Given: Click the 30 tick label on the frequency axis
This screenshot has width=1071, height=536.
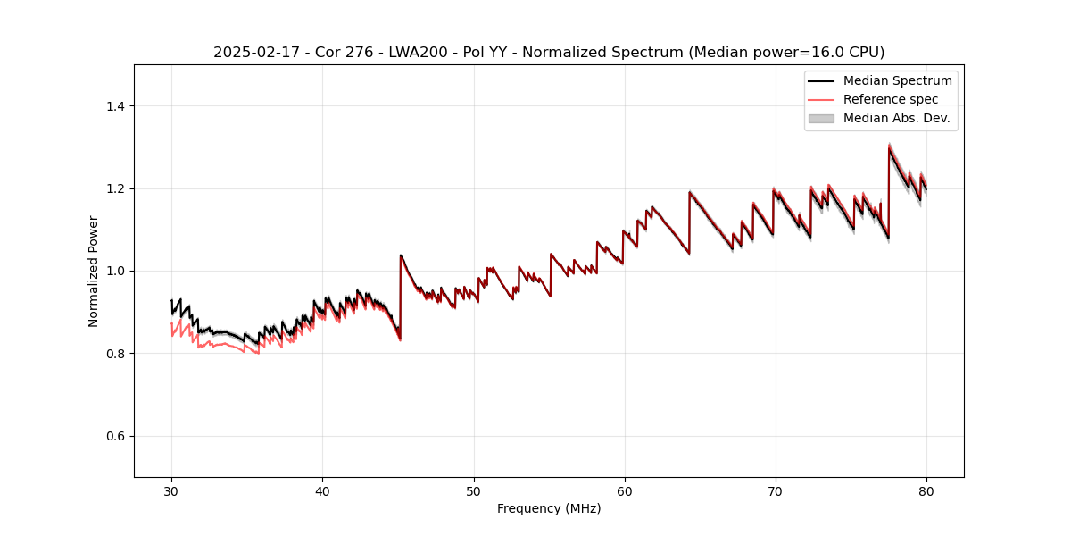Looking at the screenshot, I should tap(171, 490).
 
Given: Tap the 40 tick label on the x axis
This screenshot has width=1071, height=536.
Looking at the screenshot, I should tap(322, 490).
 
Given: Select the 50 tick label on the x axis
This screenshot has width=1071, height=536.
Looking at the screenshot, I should tap(473, 490).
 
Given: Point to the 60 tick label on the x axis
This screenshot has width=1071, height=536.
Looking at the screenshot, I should tap(625, 490).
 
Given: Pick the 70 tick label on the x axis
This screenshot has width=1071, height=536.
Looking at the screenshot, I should tap(776, 490).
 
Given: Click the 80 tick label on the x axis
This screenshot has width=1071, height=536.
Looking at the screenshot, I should tap(926, 490).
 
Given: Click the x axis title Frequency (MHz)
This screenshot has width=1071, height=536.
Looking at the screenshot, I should tap(549, 508).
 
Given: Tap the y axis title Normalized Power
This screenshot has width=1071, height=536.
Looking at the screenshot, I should tap(94, 271).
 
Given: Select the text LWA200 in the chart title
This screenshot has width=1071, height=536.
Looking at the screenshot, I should tap(413, 53).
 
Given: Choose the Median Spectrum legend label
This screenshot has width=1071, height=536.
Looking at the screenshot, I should tap(897, 80).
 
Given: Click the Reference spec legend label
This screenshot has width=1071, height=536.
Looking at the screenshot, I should tap(891, 99).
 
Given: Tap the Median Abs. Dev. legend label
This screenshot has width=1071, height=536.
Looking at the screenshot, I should tap(896, 118).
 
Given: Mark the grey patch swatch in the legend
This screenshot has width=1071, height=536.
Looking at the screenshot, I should tap(821, 118).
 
